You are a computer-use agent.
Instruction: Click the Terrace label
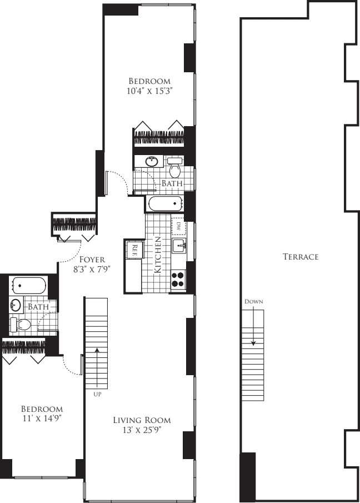300,257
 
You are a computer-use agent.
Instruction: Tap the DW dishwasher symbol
179,227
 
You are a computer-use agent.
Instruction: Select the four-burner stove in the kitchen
178,278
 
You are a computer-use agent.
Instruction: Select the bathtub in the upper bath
165,203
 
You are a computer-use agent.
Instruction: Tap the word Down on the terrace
253,301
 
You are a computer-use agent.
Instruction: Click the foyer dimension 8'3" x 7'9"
93,269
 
